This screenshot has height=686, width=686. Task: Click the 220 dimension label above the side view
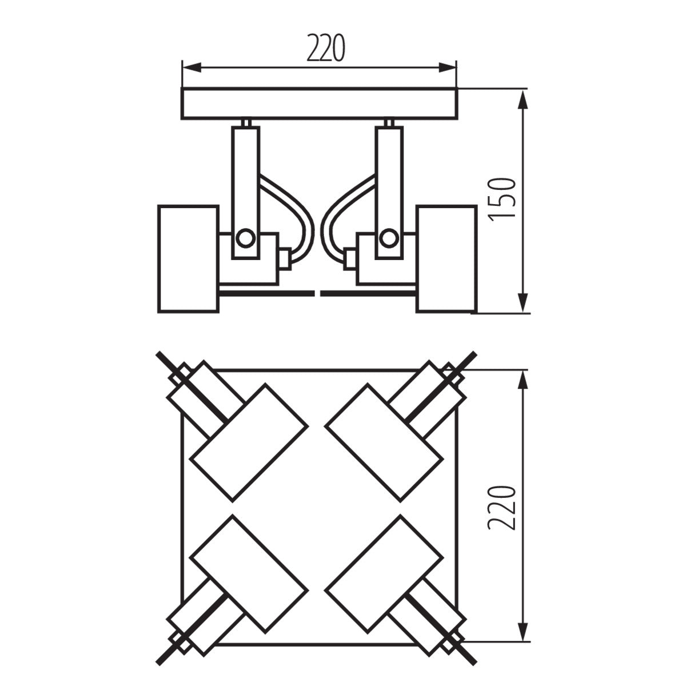[x=326, y=48]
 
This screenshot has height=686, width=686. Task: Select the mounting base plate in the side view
[x=320, y=103]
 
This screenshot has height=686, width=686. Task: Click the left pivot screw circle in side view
[x=246, y=237]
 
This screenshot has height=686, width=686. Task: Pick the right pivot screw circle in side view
[x=389, y=237]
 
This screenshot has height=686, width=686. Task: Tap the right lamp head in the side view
[x=446, y=258]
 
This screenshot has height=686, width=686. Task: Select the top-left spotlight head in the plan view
[x=248, y=443]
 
